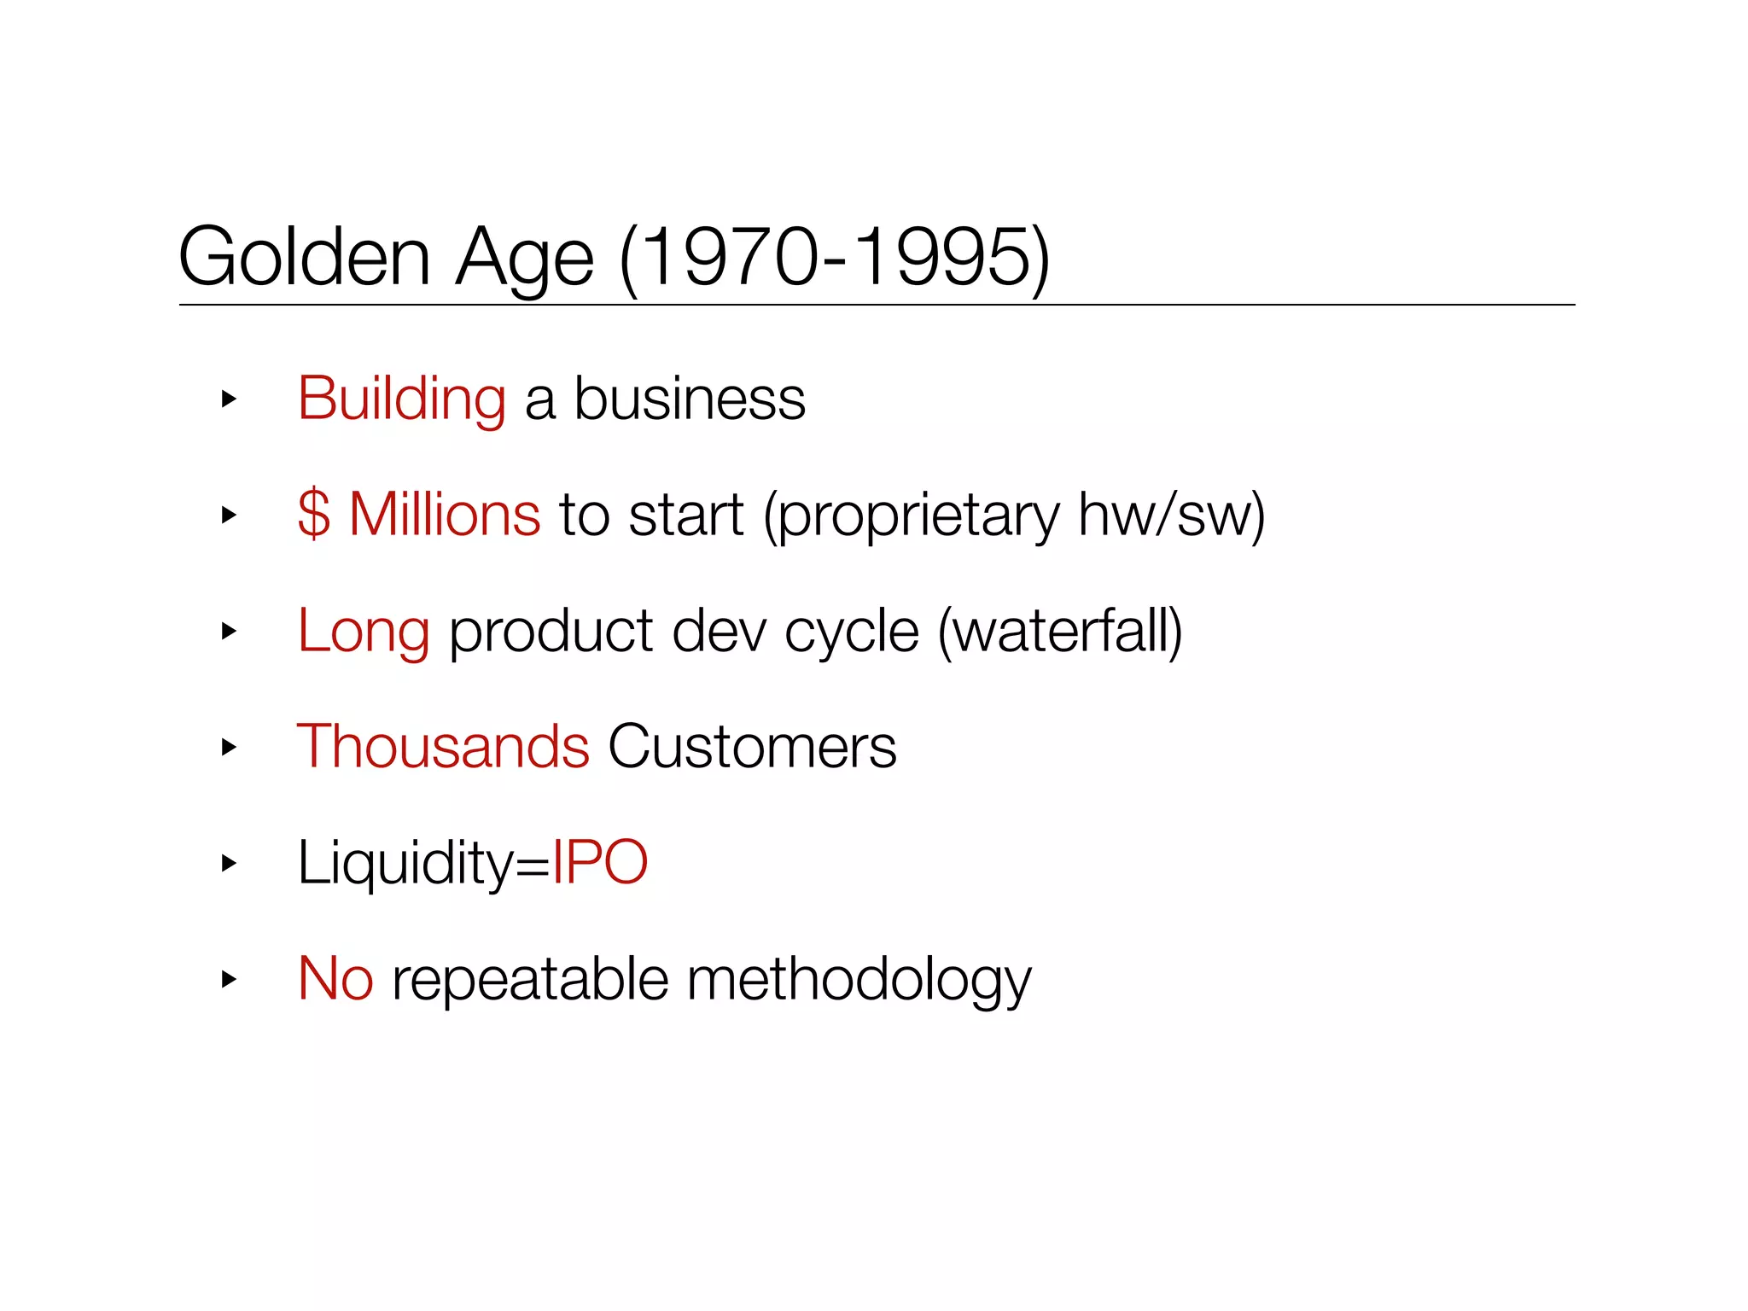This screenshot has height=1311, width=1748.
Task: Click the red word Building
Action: click(x=401, y=399)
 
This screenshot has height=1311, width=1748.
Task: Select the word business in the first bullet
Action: click(x=690, y=399)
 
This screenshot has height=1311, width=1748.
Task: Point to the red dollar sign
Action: click(x=313, y=514)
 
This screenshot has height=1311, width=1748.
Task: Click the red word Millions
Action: click(x=445, y=514)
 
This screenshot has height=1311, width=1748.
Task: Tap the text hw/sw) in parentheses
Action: click(x=1171, y=516)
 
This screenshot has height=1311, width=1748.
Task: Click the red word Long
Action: click(x=363, y=632)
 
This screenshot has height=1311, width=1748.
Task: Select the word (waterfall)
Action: click(x=1060, y=632)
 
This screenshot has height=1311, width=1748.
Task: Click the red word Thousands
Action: click(x=442, y=746)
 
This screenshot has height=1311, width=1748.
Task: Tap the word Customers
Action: click(x=752, y=746)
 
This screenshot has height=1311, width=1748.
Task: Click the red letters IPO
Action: click(x=600, y=862)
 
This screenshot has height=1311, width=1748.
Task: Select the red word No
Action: click(x=335, y=978)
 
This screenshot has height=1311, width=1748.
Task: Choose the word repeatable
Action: click(x=530, y=980)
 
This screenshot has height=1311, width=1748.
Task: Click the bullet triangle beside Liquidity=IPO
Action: click(x=228, y=863)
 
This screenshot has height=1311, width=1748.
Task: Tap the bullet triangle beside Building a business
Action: click(x=228, y=399)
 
